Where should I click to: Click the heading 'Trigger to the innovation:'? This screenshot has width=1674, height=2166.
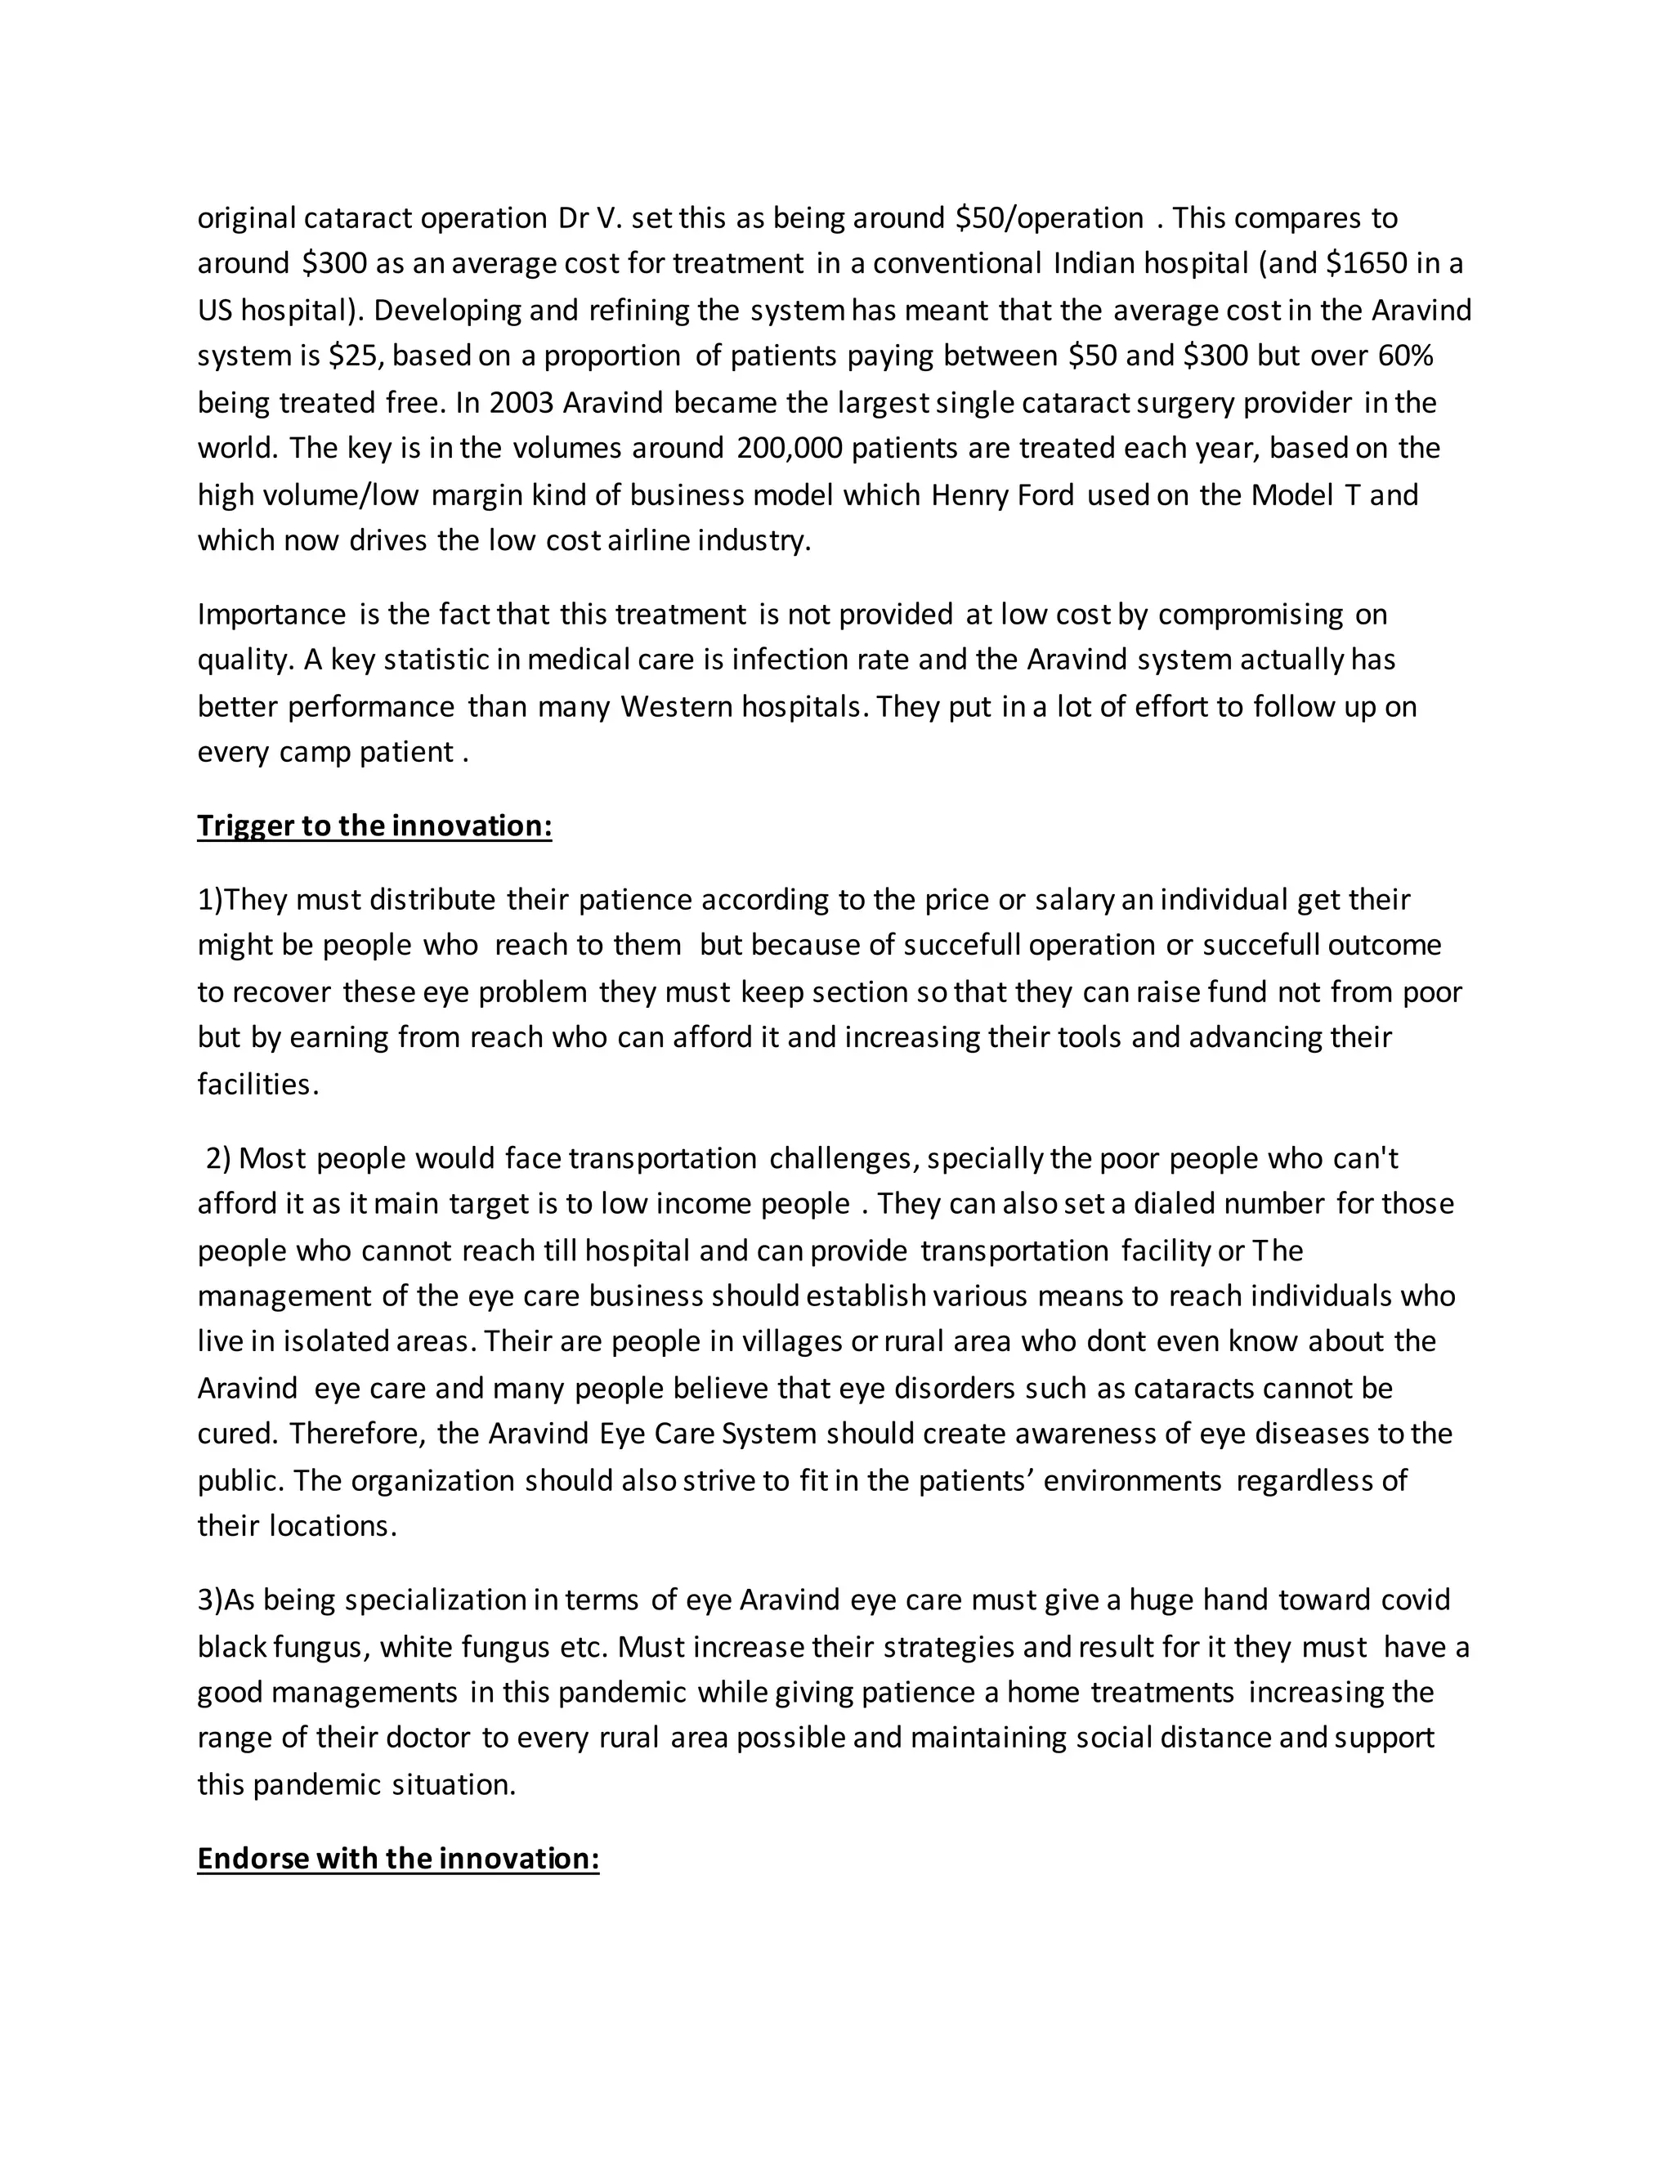pyautogui.click(x=374, y=826)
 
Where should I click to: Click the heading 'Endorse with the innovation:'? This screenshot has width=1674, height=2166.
pyautogui.click(x=398, y=1858)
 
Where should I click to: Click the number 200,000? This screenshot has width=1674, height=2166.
pyautogui.click(x=790, y=448)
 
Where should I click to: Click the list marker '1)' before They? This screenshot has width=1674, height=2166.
pyautogui.click(x=210, y=900)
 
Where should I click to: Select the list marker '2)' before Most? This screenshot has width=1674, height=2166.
pyautogui.click(x=217, y=1158)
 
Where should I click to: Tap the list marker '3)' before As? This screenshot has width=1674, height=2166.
pyautogui.click(x=210, y=1600)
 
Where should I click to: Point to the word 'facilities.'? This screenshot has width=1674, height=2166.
pyautogui.click(x=257, y=1084)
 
